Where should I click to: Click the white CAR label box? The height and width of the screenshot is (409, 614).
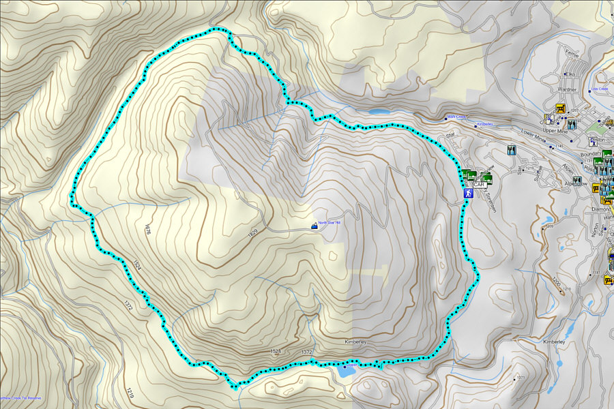click(479, 185)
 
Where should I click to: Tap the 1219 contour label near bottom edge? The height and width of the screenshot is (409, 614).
click(129, 393)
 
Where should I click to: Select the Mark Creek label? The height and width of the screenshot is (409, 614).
click(456, 117)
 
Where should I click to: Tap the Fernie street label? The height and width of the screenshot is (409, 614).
click(572, 54)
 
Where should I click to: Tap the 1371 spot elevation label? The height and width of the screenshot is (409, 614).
click(521, 378)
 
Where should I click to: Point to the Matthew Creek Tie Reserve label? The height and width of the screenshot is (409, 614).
click(20, 397)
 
